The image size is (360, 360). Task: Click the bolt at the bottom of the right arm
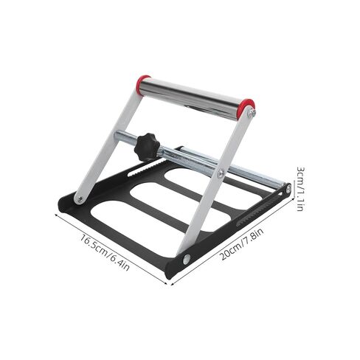186,257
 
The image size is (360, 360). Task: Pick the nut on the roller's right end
252,113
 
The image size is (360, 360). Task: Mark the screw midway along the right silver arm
221,173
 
